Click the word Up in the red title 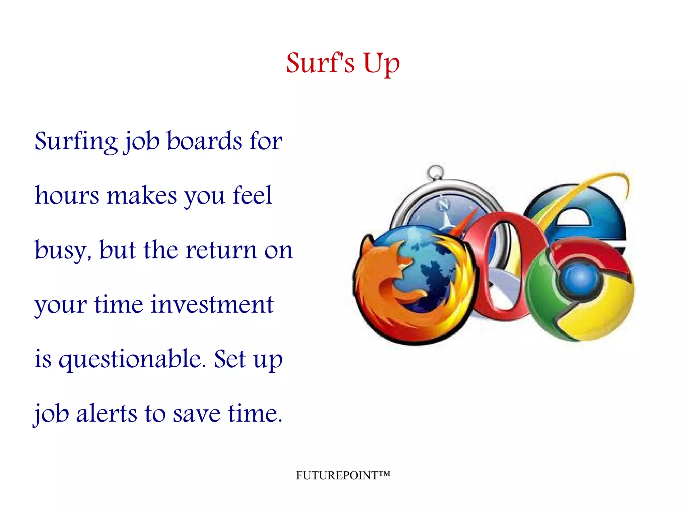382,63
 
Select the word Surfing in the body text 76,142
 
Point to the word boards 204,141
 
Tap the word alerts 107,414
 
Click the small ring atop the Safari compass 435,173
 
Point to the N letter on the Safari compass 444,205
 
